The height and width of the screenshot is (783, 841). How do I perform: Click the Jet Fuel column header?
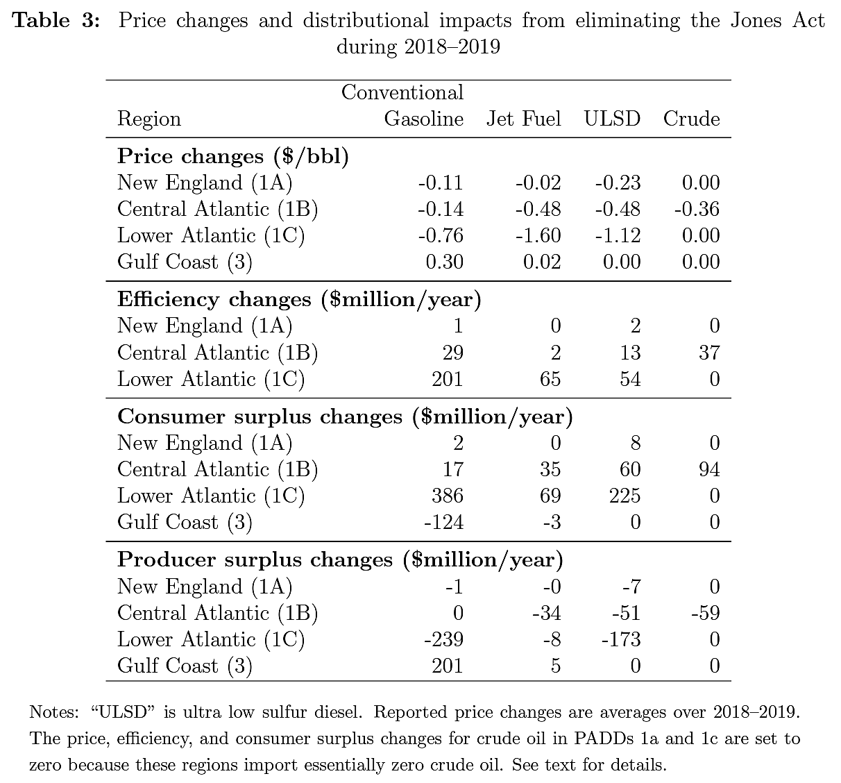coord(523,119)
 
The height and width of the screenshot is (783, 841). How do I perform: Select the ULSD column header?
coord(611,119)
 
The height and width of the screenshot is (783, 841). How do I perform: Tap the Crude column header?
coord(691,119)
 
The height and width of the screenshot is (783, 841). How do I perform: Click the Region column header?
coord(149,119)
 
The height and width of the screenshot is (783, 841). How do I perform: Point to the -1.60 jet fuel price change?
coord(538,235)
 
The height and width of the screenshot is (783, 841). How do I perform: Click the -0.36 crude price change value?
coord(697,209)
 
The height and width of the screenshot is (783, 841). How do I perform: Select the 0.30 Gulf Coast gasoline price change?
coord(445,262)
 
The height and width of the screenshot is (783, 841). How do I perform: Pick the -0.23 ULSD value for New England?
coord(618,183)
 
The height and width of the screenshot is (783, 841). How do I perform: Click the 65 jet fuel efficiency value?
coord(550,379)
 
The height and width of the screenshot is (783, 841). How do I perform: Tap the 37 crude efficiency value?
coord(709,353)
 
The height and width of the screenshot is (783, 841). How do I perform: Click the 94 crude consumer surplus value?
coord(709,469)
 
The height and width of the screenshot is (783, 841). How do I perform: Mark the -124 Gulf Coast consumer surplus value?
coord(443,522)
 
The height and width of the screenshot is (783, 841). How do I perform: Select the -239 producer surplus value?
coord(443,639)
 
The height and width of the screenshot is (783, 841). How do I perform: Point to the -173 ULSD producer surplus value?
coord(620,639)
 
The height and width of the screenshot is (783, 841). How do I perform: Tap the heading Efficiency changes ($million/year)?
coord(299,299)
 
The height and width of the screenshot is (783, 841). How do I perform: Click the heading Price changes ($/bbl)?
coord(233,156)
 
